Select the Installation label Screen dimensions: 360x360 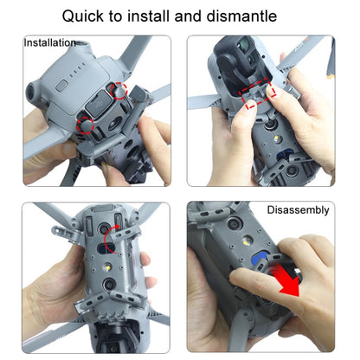[x=49, y=42]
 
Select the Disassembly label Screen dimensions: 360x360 [x=298, y=210]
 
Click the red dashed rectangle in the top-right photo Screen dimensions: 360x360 [x=259, y=96]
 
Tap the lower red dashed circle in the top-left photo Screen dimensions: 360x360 [x=87, y=124]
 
